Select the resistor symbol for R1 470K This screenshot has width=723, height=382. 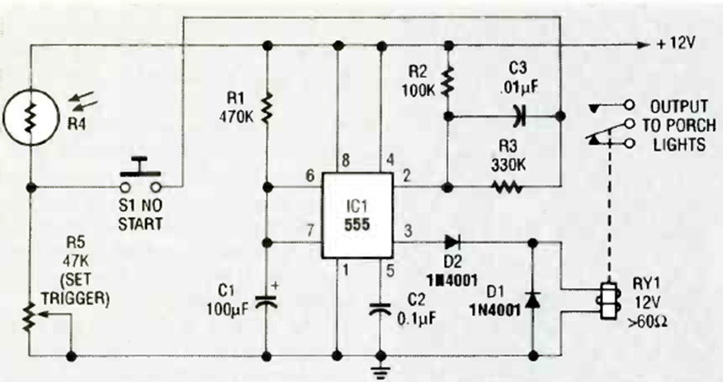pyautogui.click(x=268, y=109)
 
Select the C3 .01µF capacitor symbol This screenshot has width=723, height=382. pyautogui.click(x=516, y=116)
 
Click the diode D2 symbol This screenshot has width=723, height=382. pyautogui.click(x=453, y=241)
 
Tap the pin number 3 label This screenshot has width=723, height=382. pyautogui.click(x=408, y=231)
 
